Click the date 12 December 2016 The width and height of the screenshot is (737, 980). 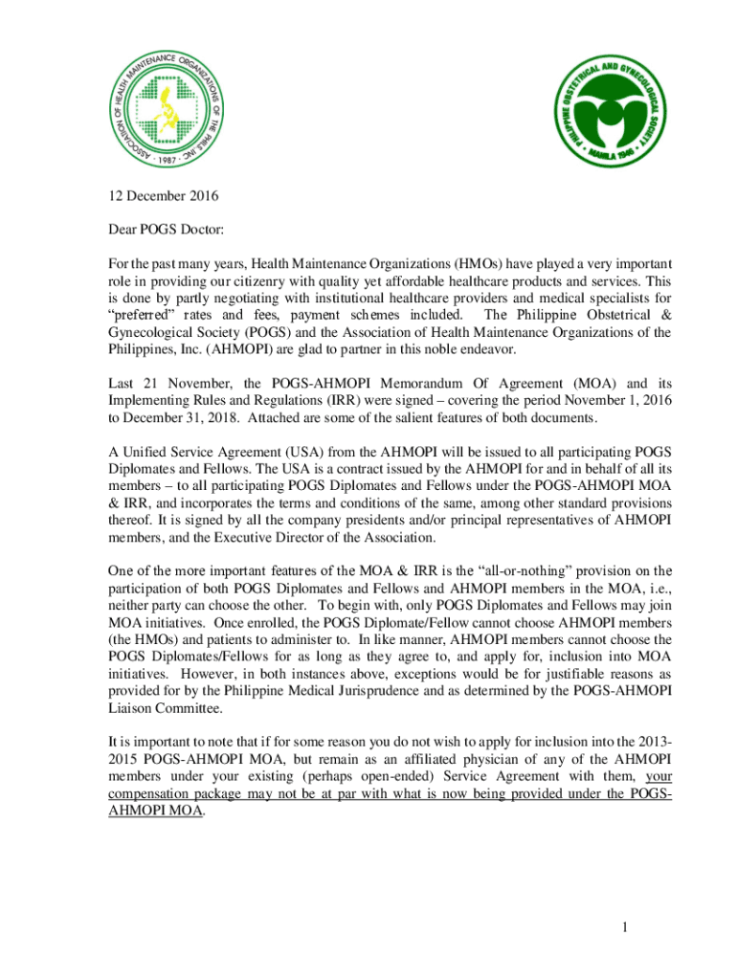163,197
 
